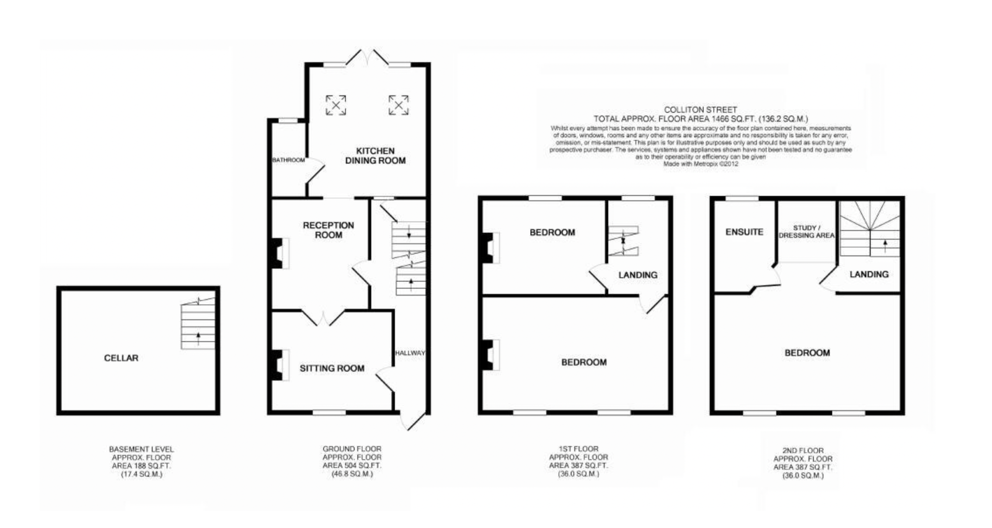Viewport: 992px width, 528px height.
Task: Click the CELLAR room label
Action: pyautogui.click(x=121, y=358)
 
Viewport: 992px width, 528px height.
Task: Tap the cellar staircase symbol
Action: pyautogui.click(x=198, y=325)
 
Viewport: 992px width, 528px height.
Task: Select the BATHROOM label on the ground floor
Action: pyautogui.click(x=288, y=160)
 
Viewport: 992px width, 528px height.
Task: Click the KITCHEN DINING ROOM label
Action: pyautogui.click(x=375, y=156)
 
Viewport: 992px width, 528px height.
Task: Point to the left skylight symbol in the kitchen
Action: pyautogui.click(x=336, y=105)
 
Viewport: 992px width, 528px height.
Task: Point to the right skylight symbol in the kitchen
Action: pyautogui.click(x=398, y=105)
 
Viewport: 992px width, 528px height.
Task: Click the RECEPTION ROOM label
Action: pyautogui.click(x=328, y=230)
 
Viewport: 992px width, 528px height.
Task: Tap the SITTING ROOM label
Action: pyautogui.click(x=332, y=368)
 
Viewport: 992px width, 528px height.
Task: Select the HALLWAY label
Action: pyautogui.click(x=410, y=353)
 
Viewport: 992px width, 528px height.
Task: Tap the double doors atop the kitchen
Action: pyautogui.click(x=366, y=57)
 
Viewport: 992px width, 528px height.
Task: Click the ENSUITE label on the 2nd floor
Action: pyautogui.click(x=744, y=232)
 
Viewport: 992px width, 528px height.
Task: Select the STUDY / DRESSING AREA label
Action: pyautogui.click(x=806, y=232)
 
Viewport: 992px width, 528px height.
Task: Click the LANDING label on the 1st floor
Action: pyautogui.click(x=637, y=275)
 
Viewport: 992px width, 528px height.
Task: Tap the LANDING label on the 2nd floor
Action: pyautogui.click(x=869, y=274)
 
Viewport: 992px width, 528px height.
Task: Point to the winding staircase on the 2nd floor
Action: pyautogui.click(x=869, y=228)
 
